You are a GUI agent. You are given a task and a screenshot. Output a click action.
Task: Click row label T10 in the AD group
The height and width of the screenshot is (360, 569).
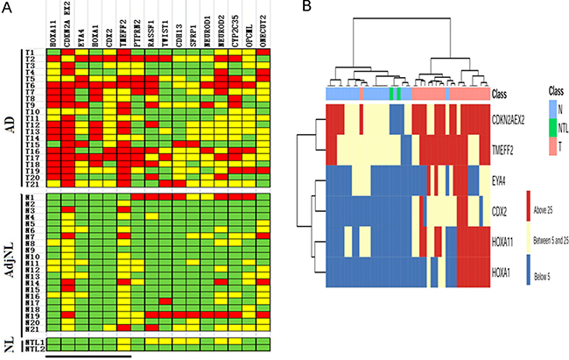32,113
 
